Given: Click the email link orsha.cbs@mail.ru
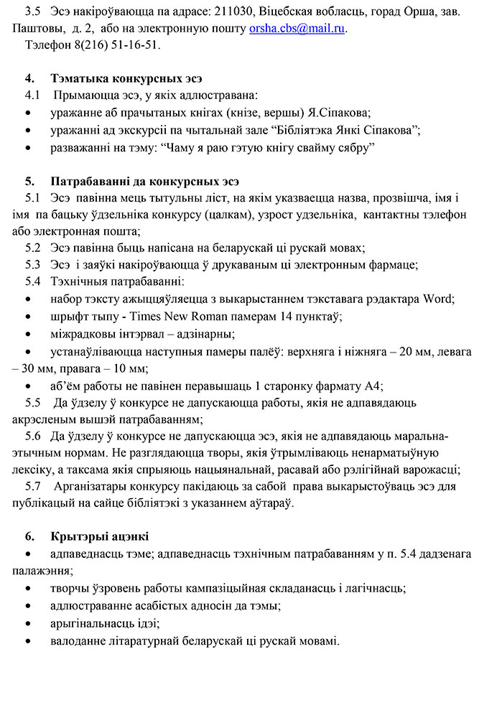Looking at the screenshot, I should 297,29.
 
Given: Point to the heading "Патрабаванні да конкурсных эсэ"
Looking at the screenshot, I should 145,181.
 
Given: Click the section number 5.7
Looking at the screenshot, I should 33,487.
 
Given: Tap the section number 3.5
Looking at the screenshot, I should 33,13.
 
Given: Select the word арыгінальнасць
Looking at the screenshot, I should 90,623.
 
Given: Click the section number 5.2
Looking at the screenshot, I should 33,248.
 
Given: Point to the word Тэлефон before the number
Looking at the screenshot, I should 47,45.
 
